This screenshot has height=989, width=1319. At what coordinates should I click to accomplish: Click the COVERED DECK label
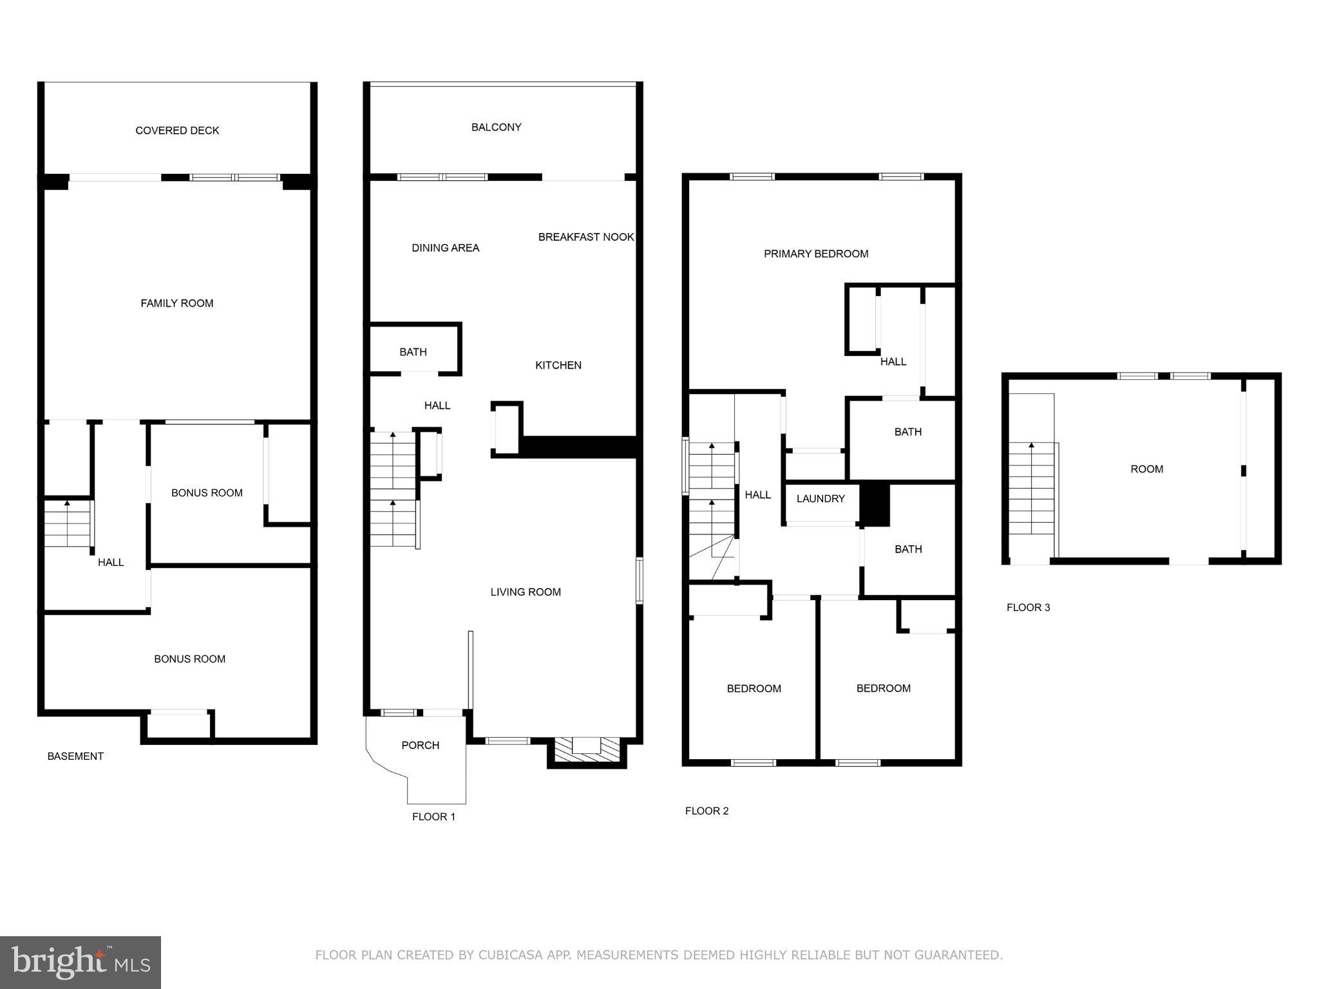(177, 131)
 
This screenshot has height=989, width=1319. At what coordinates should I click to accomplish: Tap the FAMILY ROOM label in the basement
(177, 303)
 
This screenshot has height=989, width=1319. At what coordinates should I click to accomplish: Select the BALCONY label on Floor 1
(496, 127)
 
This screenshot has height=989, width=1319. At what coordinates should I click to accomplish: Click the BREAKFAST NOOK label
(586, 237)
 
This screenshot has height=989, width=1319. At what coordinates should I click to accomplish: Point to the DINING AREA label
(445, 248)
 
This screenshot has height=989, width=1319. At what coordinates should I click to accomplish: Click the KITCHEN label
(558, 365)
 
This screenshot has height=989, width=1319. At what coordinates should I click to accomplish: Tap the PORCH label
(420, 745)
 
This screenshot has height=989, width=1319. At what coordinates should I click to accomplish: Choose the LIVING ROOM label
(526, 592)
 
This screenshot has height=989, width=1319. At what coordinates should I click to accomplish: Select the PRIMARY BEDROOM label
(816, 254)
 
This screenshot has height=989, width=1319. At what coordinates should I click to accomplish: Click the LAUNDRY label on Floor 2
(821, 498)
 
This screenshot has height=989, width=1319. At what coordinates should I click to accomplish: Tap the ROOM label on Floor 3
(1146, 469)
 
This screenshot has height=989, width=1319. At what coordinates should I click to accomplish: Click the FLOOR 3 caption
(1028, 607)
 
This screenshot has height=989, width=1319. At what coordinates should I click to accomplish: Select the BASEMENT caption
(75, 756)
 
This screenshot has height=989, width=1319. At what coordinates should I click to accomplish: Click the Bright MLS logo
(81, 962)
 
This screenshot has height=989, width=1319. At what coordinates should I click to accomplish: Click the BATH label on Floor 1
(413, 352)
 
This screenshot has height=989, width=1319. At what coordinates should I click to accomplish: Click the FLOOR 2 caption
(707, 811)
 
